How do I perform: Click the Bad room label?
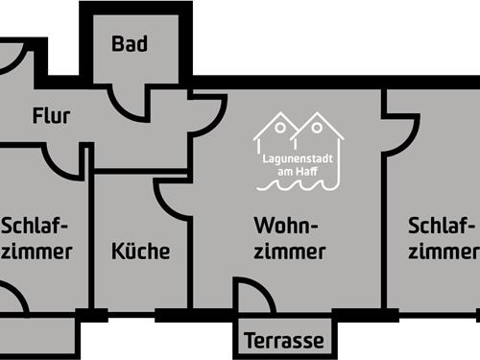click(x=129, y=44)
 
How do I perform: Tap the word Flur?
click(x=52, y=117)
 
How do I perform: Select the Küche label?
click(x=141, y=252)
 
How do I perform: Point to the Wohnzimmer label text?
click(x=289, y=238)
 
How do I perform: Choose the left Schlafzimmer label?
click(x=36, y=238)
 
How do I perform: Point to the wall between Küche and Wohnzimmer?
click(x=192, y=259)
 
